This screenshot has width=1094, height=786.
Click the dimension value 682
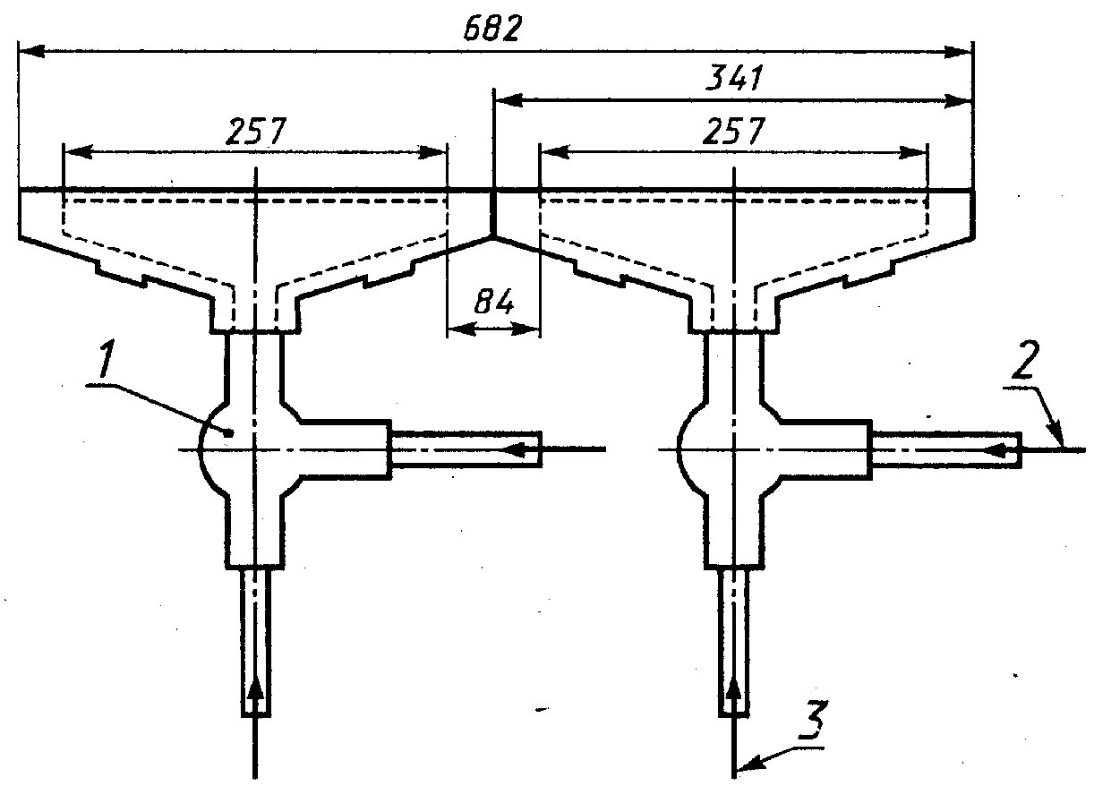point(492,29)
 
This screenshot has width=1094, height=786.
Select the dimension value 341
point(734,78)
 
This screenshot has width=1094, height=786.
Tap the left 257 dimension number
point(255,131)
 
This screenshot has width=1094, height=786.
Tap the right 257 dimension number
point(734,131)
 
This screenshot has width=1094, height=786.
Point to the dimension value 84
point(494,302)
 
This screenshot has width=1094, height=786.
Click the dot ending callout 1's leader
point(227,432)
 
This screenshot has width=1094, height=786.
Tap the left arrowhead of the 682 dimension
point(30,51)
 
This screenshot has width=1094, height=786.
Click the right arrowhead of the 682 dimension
point(958,52)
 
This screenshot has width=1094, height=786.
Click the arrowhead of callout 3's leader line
point(748,766)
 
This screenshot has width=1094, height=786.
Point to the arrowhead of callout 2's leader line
point(1057,436)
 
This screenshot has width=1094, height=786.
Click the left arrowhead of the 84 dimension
point(460,329)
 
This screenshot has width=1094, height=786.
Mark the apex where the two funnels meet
point(493,237)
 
